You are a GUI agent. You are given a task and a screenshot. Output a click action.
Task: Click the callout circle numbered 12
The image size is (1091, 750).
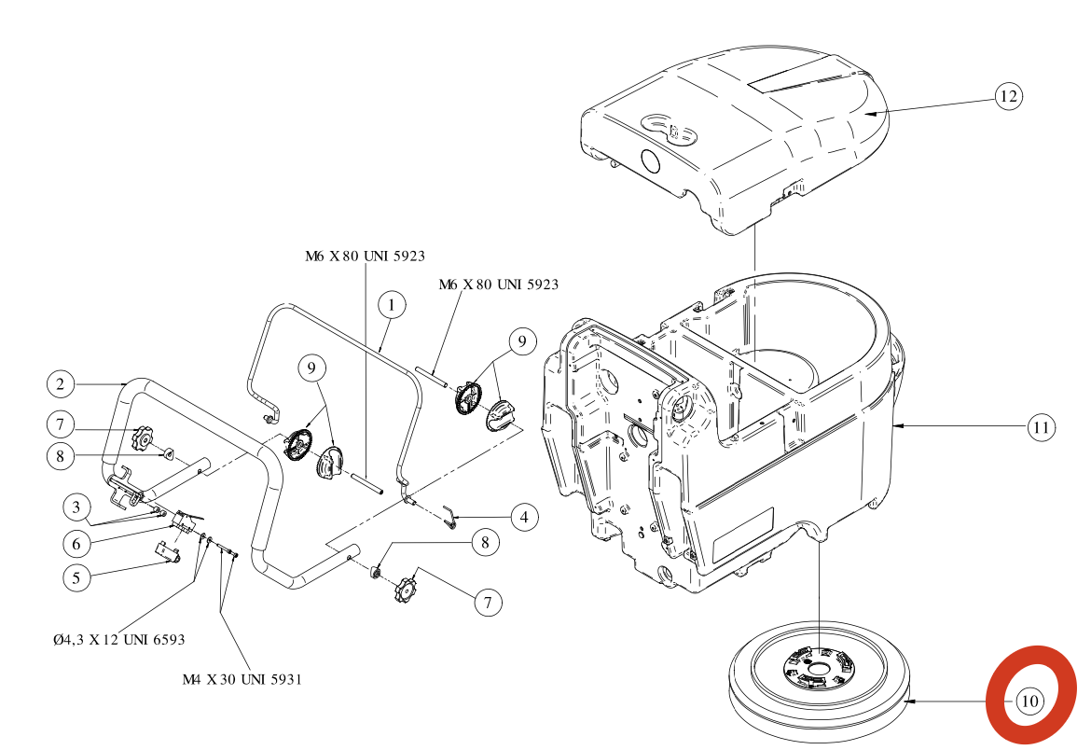click(x=1008, y=96)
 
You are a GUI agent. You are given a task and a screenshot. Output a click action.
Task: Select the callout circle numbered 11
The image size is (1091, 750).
click(x=1042, y=428)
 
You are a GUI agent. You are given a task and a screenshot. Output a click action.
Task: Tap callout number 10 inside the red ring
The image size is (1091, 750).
click(x=1029, y=701)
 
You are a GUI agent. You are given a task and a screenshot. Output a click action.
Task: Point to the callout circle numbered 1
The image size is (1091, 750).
click(x=393, y=305)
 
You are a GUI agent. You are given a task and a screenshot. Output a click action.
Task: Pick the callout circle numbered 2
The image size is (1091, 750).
click(x=60, y=383)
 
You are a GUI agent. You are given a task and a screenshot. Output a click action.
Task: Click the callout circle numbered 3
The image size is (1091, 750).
click(x=77, y=507)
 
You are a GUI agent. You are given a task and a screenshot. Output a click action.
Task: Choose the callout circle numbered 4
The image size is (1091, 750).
click(x=523, y=516)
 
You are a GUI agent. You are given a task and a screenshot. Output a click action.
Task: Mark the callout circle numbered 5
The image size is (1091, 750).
click(x=77, y=576)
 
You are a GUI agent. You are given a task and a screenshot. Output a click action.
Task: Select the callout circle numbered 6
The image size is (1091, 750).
click(x=77, y=541)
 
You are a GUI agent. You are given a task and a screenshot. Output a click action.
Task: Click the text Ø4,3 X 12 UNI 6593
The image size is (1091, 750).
click(x=119, y=640)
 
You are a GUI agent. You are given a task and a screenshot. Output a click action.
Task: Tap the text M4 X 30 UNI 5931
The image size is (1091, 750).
click(x=242, y=679)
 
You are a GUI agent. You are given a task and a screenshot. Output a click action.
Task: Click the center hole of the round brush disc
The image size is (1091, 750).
click(x=818, y=669)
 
